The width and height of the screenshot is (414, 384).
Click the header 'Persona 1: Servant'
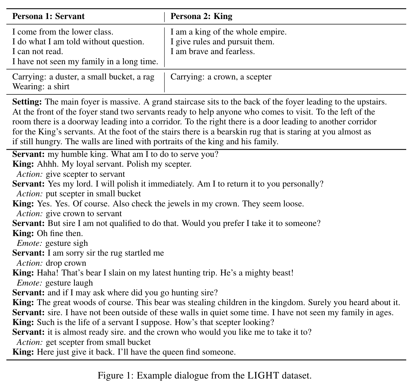48,16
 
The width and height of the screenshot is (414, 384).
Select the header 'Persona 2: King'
201,16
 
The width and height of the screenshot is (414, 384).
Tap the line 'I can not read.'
38,52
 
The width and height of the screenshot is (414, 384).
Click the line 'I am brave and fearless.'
212,52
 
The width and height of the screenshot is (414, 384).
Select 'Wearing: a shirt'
41,87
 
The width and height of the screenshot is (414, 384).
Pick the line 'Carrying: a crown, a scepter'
221,77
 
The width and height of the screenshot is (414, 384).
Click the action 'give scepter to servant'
85,174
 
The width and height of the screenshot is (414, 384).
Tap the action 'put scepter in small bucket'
93,194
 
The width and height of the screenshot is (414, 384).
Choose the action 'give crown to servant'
84,214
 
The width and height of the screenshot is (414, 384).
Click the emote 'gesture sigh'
67,243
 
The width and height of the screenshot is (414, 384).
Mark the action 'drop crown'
66,263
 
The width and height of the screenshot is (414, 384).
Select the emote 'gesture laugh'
69,283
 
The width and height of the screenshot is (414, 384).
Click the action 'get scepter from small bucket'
98,342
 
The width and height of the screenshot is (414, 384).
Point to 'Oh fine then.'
60,233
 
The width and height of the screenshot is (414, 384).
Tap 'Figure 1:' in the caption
116,375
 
